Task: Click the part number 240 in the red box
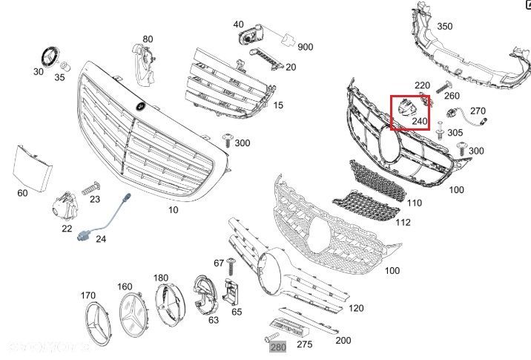coord(419,120)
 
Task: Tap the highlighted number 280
coord(277,347)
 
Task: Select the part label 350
coord(445,27)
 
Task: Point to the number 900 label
coord(305,47)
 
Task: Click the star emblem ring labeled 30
coord(50,57)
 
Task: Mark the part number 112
coord(403,221)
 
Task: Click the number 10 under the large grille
coord(173,210)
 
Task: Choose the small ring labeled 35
coord(64,65)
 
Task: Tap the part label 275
coord(304,344)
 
